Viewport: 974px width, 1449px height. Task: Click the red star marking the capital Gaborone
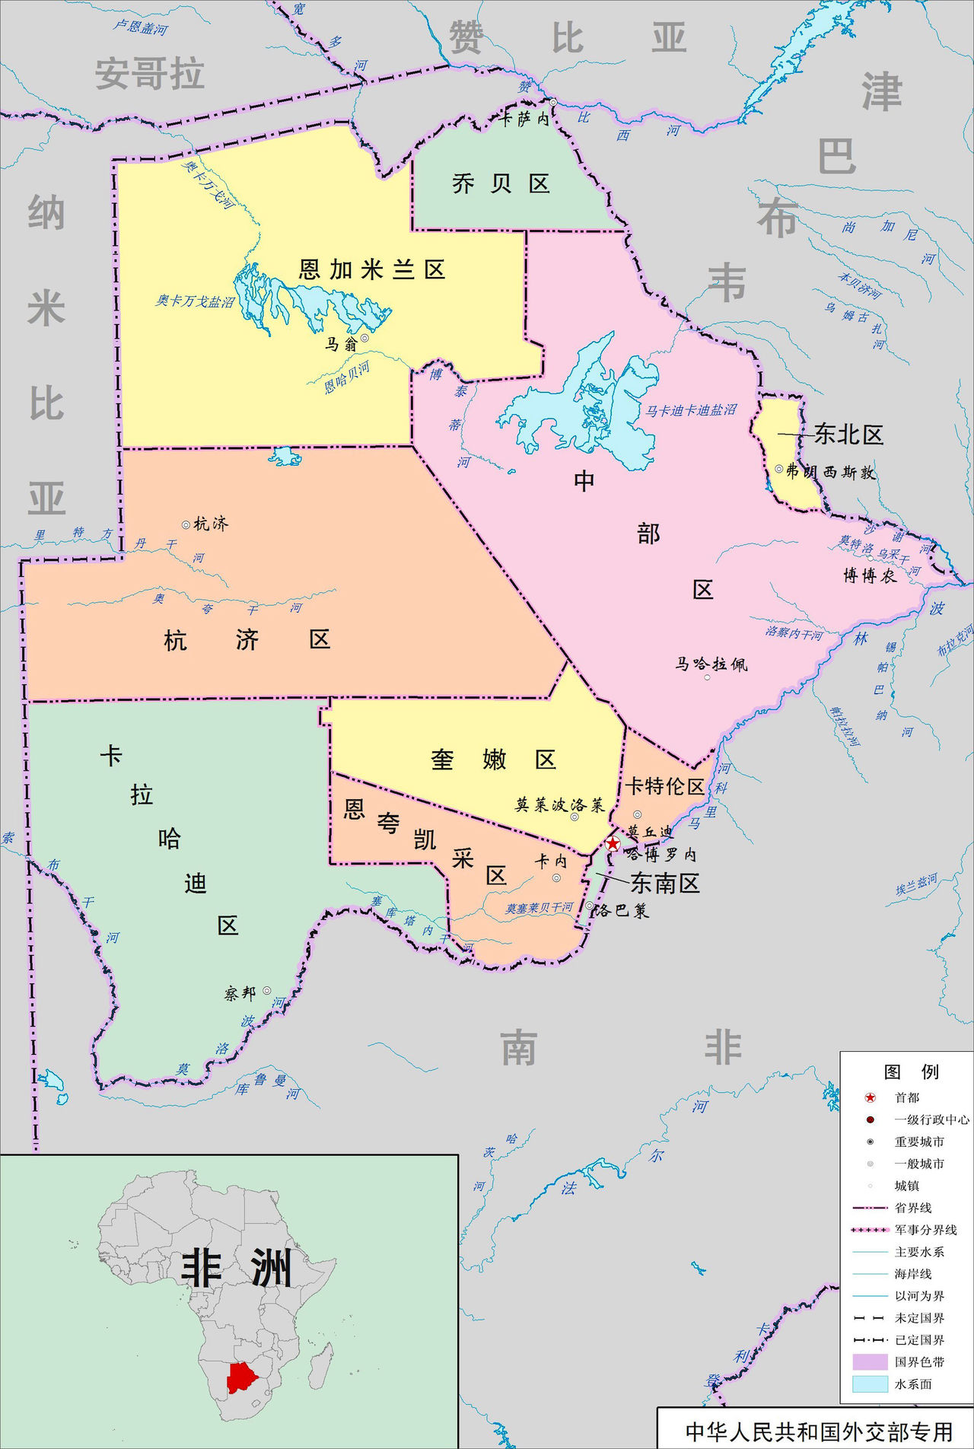[x=613, y=843]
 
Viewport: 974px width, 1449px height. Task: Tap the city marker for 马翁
[x=365, y=338]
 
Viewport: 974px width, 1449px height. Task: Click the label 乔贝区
[x=501, y=183]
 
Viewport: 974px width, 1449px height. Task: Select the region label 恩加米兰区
[x=371, y=269]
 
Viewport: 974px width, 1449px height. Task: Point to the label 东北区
[x=848, y=435]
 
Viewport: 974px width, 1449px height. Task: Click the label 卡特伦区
[x=665, y=786]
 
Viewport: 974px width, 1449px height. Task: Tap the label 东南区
[x=664, y=883]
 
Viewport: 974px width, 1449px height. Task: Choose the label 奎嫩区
[x=494, y=760]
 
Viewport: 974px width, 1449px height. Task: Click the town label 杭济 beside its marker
[x=211, y=524]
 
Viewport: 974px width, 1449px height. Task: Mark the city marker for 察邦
[x=267, y=990]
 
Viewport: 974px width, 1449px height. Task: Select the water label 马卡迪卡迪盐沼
[x=691, y=410]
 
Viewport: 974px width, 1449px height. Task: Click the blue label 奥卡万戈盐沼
[x=195, y=301]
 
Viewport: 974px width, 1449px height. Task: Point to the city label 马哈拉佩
[x=711, y=664]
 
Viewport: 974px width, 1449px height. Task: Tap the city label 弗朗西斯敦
[x=830, y=472]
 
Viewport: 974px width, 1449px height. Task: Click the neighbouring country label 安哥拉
[x=149, y=74]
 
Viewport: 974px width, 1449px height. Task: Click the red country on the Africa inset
[x=242, y=1377]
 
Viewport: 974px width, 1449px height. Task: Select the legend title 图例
[x=911, y=1072]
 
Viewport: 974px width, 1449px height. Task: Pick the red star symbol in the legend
[x=871, y=1097]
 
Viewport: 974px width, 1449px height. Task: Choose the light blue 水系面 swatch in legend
[x=870, y=1384]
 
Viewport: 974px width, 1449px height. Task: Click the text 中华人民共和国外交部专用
[x=819, y=1431]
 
